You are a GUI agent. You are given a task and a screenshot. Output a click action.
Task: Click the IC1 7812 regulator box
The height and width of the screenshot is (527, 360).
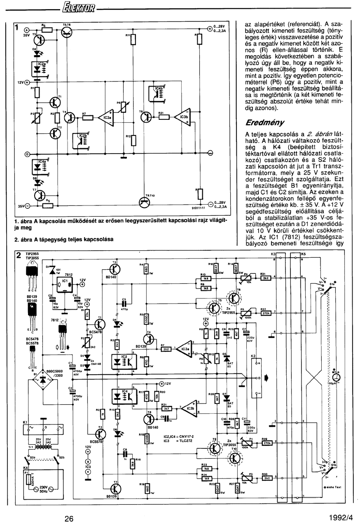click(x=64, y=284)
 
